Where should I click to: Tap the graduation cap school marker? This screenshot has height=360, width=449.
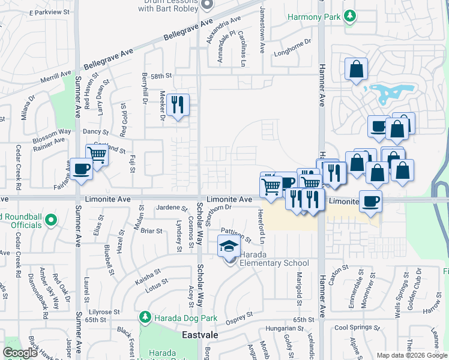[228, 247]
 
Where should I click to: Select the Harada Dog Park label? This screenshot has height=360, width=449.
[180, 316]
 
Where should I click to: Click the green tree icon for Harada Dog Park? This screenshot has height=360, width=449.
[144, 316]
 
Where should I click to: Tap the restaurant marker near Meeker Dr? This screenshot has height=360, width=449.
[178, 105]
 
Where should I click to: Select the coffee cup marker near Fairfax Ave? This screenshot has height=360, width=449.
[81, 169]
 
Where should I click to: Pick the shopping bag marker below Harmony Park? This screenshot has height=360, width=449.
[356, 69]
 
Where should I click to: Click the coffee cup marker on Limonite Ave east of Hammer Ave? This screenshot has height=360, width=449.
[370, 201]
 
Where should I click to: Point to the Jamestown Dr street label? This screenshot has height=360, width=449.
[262, 30]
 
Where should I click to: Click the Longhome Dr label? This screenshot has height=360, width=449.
[294, 44]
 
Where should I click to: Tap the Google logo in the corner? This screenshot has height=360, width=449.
[20, 353]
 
